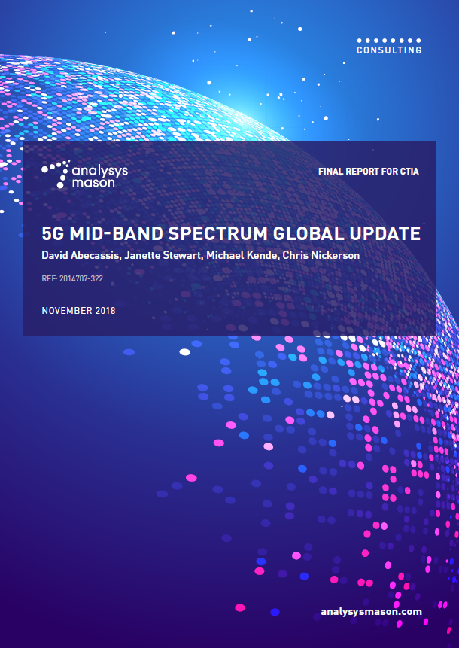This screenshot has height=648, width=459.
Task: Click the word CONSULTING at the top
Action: [389, 50]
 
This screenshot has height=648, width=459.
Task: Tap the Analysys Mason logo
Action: [85, 175]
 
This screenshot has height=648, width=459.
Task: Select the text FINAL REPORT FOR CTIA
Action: [369, 171]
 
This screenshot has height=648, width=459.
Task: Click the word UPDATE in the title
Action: [385, 233]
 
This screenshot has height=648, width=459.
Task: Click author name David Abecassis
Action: [81, 255]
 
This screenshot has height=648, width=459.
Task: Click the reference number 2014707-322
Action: [81, 278]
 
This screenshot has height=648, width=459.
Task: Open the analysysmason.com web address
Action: [372, 612]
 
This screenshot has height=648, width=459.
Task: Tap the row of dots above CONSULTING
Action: [389, 41]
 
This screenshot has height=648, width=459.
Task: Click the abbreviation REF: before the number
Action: [49, 278]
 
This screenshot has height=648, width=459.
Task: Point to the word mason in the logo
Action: [93, 183]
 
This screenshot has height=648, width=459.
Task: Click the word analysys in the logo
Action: [100, 172]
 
